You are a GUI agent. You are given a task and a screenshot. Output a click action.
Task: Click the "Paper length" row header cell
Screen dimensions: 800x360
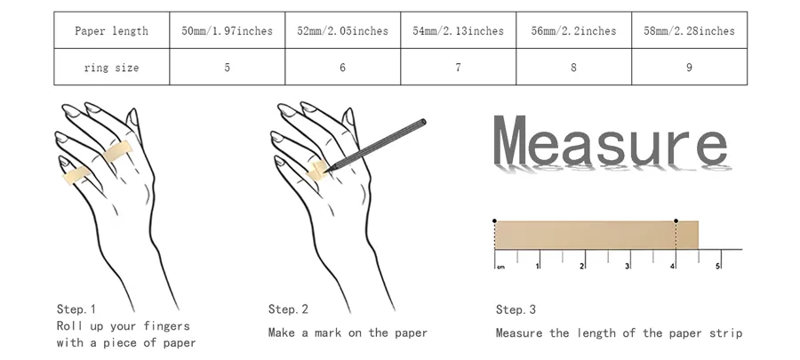tap(112, 30)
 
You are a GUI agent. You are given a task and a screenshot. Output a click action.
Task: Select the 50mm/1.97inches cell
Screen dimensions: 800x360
tap(227, 30)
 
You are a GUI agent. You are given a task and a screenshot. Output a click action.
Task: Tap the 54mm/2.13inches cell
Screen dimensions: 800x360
tap(458, 30)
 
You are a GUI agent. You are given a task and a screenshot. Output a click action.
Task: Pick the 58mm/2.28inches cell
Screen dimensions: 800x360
tap(689, 30)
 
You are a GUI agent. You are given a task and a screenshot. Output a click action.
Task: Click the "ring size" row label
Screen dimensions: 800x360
tap(112, 68)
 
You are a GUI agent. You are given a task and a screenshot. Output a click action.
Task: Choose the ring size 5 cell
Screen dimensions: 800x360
tap(227, 68)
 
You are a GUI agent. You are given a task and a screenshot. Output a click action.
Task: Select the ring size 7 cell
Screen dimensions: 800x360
tap(458, 68)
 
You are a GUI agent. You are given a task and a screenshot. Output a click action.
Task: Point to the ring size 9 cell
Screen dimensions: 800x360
tap(689, 68)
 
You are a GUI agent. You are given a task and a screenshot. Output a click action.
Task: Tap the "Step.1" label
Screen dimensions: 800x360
tap(76, 309)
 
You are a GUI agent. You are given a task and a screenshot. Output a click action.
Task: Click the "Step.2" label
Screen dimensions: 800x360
tap(288, 309)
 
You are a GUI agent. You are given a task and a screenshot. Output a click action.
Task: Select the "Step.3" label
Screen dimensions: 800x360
tap(516, 309)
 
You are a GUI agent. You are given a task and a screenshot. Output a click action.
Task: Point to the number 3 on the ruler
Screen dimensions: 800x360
tap(627, 266)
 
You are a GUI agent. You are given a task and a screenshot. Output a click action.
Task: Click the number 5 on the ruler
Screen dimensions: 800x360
tap(717, 266)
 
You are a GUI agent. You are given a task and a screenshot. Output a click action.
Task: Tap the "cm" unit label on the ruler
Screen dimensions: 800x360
tap(500, 268)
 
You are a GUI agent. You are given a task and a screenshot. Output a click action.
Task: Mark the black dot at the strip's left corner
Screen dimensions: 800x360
tap(494, 220)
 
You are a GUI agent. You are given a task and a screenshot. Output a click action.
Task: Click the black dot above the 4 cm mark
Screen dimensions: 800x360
tap(676, 220)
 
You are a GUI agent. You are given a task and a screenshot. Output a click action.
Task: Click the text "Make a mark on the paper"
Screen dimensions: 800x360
tap(348, 333)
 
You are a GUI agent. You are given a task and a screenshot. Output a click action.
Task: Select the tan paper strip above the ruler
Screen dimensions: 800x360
tap(596, 235)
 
